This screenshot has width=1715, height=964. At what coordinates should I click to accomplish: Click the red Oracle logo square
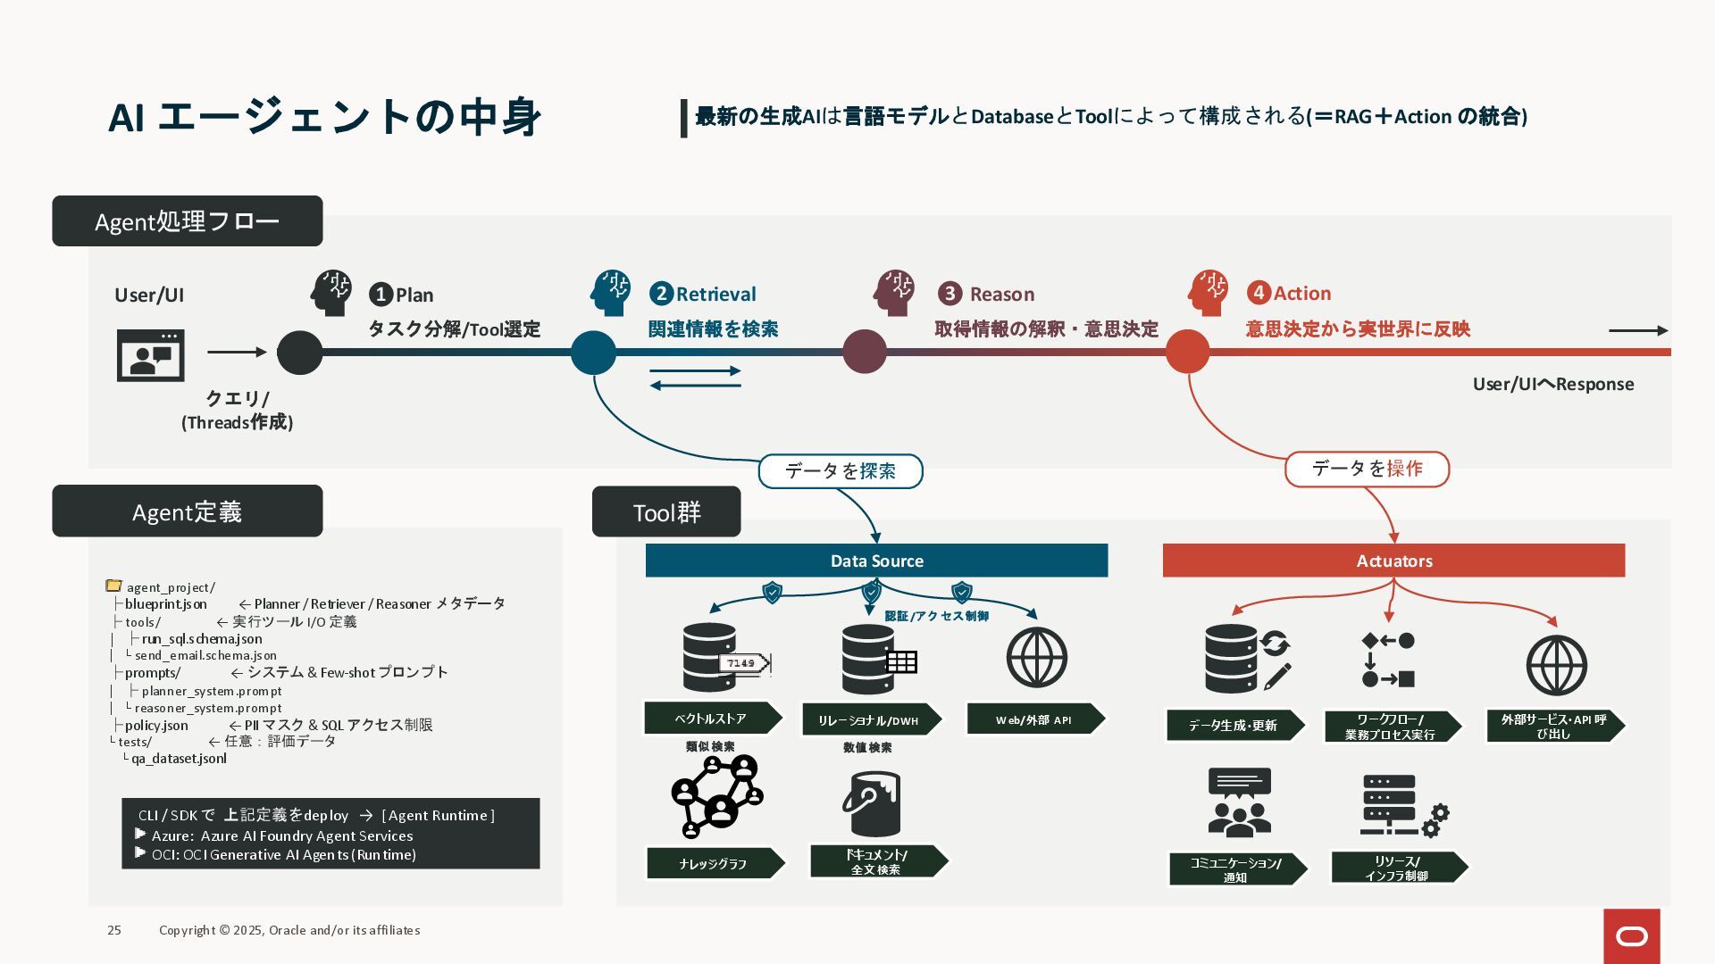pos(1631,935)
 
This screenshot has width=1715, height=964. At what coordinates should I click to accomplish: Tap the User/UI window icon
pos(150,355)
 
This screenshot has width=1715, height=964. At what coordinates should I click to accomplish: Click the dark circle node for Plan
pos(299,353)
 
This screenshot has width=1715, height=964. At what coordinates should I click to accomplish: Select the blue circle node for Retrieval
pos(593,353)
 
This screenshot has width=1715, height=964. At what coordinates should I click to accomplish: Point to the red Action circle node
pos(1187,352)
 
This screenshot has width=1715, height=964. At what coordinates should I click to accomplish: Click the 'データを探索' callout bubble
pos(840,471)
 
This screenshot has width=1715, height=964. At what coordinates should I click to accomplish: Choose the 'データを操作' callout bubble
pos(1367,470)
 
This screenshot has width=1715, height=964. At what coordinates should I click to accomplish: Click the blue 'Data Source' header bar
pos(876,561)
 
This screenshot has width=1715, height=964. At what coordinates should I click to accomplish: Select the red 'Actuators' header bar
pos(1393,561)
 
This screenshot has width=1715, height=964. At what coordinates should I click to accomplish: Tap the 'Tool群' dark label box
pos(666,512)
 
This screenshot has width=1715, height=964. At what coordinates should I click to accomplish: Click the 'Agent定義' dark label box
pos(187,511)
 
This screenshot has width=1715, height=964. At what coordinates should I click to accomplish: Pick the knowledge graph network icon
pos(716,797)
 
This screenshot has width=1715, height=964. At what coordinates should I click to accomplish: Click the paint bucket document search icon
pos(871,803)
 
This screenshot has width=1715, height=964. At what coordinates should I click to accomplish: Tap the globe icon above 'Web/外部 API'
pos(1036,658)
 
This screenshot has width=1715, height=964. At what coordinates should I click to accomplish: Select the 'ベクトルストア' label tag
pos(712,719)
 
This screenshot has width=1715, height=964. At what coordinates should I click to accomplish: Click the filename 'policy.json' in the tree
pos(156,726)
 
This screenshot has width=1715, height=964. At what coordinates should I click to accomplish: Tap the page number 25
pos(114,930)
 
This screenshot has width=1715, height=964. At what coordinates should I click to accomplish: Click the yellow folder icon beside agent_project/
pos(113,586)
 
